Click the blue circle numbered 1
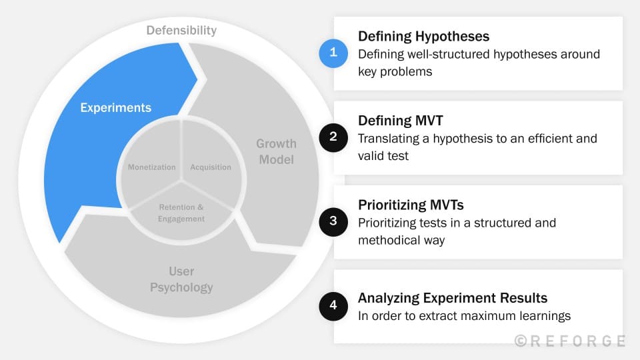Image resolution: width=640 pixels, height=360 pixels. point(333,53)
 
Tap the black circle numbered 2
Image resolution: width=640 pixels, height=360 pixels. point(333,137)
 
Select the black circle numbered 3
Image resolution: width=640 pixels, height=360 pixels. point(333,222)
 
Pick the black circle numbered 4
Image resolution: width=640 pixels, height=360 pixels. point(333,306)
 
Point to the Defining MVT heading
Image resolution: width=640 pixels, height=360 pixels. point(400,121)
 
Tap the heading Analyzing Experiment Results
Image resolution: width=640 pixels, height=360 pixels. point(453,298)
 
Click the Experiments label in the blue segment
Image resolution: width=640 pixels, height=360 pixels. point(115,107)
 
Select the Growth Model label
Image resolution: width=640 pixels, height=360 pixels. point(276,151)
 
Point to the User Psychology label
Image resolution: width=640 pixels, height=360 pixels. point(181,279)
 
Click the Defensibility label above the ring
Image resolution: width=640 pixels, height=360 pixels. point(181,30)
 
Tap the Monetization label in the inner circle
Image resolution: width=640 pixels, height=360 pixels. point(152,167)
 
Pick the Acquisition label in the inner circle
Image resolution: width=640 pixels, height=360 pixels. point(211,167)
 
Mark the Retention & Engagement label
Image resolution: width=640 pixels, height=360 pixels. point(181,213)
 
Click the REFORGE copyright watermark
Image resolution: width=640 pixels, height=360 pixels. point(570,341)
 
